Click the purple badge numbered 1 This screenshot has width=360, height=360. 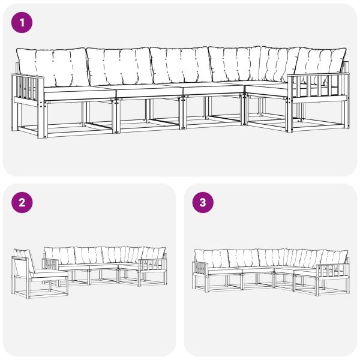[x=22, y=23]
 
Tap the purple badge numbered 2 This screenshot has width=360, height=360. [x=22, y=202]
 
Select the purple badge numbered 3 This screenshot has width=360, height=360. [x=202, y=202]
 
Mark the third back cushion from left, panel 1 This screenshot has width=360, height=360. [x=179, y=64]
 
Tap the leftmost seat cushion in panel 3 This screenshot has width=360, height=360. [x=223, y=271]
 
